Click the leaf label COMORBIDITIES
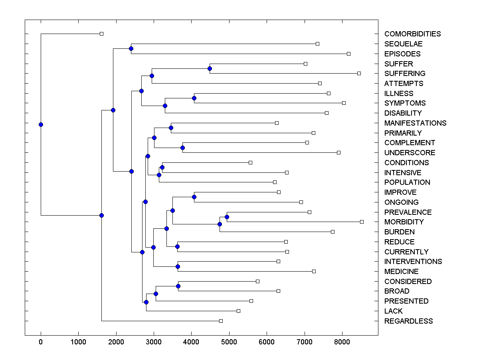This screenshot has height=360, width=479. (x=412, y=34)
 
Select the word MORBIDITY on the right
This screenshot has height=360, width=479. (x=404, y=222)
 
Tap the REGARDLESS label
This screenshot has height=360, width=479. (x=408, y=321)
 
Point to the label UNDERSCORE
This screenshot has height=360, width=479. (x=410, y=153)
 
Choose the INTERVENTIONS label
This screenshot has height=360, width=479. (x=413, y=262)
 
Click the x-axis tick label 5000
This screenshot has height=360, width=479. (x=229, y=342)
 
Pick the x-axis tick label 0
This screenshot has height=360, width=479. (x=41, y=342)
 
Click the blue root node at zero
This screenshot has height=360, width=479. (x=41, y=124)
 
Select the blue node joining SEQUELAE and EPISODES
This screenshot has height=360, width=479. (x=131, y=48)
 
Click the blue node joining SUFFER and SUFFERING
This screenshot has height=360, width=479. (x=210, y=68)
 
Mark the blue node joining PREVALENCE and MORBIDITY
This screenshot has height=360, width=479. (x=227, y=217)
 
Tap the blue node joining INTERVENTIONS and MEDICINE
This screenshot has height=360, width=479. (x=178, y=266)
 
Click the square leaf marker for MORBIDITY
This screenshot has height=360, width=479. (x=362, y=222)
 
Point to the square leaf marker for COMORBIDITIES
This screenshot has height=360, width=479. (x=101, y=34)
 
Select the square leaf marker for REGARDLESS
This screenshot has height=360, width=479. (x=221, y=321)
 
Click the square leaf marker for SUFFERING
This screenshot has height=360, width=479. (x=359, y=73)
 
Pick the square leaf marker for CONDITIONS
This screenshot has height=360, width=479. (x=250, y=162)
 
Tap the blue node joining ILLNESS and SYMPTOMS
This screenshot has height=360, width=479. (x=194, y=98)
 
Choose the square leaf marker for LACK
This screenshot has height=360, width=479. (x=238, y=311)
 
